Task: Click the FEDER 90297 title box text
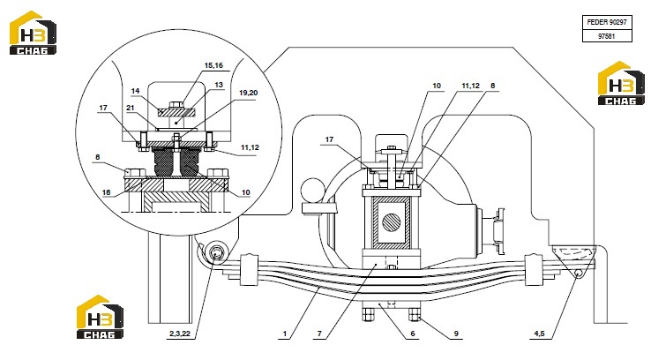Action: (607, 22)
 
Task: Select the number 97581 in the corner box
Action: (607, 36)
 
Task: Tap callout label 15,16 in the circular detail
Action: (213, 65)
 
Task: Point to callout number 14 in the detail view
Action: (135, 91)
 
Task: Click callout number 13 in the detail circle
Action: (219, 85)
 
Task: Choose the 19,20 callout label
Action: (248, 93)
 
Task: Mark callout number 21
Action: (131, 108)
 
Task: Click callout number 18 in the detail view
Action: (106, 191)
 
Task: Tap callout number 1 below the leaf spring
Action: (285, 334)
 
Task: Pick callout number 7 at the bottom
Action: (319, 334)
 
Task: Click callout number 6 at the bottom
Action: (413, 334)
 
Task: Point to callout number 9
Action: (456, 334)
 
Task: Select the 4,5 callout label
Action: (539, 334)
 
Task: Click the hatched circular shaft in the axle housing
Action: (391, 222)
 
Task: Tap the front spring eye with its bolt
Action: (217, 253)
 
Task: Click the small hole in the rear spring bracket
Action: (578, 273)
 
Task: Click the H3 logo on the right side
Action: (622, 83)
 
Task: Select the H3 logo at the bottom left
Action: (100, 317)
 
